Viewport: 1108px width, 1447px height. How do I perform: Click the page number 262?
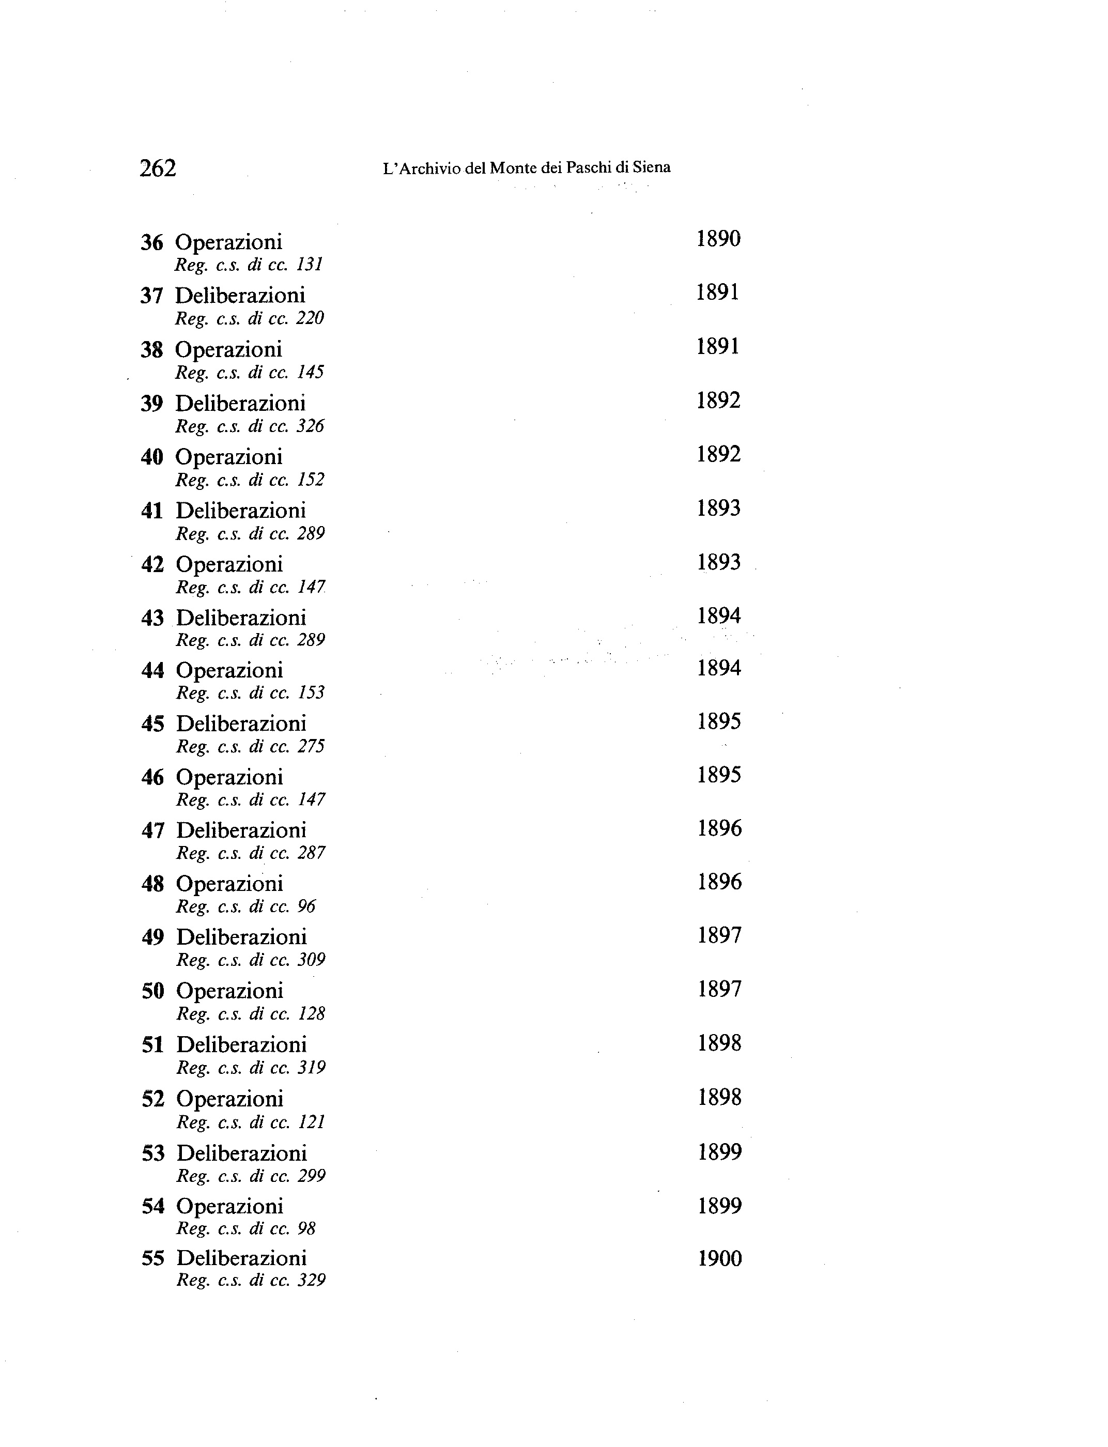tap(158, 169)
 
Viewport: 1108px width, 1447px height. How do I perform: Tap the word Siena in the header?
tap(652, 167)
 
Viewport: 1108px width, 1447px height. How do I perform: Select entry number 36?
tap(152, 243)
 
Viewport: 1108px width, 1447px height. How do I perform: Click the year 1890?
tap(718, 239)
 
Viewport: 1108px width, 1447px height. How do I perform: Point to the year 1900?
tap(719, 1258)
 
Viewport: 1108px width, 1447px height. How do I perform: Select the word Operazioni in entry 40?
tap(229, 456)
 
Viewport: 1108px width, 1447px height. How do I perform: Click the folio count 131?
tap(310, 265)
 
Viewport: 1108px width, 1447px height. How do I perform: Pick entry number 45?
tap(152, 723)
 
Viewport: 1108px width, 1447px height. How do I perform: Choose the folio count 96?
tap(306, 907)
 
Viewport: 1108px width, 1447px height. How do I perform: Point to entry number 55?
tap(153, 1258)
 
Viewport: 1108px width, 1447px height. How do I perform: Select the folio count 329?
tap(311, 1281)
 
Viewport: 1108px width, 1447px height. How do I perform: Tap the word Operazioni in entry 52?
tap(230, 1099)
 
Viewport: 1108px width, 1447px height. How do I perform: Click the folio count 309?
tap(311, 960)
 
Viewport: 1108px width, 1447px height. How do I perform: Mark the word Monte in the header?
tap(513, 168)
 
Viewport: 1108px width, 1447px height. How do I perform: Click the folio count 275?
tap(311, 747)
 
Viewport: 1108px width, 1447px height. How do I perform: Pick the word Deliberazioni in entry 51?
tap(242, 1045)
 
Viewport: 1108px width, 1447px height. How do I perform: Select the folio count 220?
tap(310, 318)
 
